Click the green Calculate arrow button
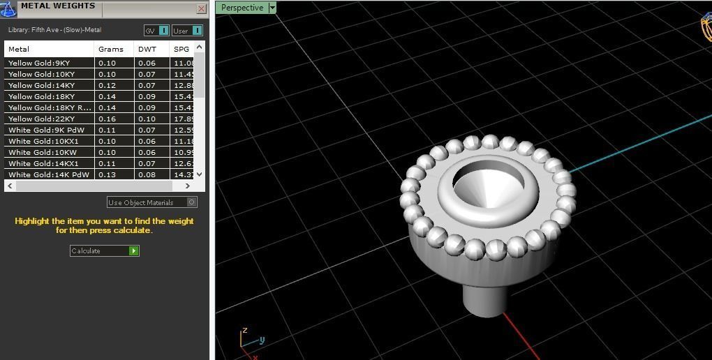click(134, 250)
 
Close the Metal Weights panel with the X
click(201, 9)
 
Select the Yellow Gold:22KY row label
click(42, 119)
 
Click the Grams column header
click(110, 49)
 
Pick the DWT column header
click(147, 49)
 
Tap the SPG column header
click(181, 49)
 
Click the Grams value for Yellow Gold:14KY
click(107, 85)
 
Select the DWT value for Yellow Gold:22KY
click(147, 119)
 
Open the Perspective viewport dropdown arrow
click(272, 8)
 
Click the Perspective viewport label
click(242, 8)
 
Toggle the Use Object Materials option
click(192, 202)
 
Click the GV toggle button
click(163, 30)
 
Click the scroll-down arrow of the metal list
click(200, 174)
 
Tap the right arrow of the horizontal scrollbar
click(187, 186)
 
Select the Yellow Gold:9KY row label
click(39, 63)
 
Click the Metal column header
click(19, 49)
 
